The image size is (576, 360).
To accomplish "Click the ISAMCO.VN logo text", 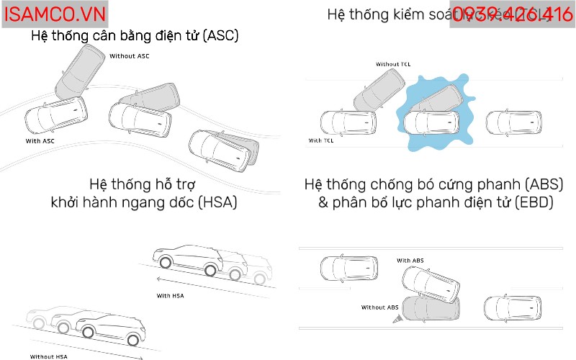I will point(54,14).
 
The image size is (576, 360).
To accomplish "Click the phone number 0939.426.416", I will point(512,14).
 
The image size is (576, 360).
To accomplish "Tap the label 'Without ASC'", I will point(130,55).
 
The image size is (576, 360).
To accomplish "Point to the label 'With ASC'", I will point(40,141).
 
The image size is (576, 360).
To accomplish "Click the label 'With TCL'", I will point(321,140).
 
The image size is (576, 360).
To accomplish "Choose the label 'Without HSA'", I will point(50,356).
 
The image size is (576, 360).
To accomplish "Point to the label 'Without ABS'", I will point(380,307).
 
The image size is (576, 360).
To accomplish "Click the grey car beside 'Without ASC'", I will point(80,72).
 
